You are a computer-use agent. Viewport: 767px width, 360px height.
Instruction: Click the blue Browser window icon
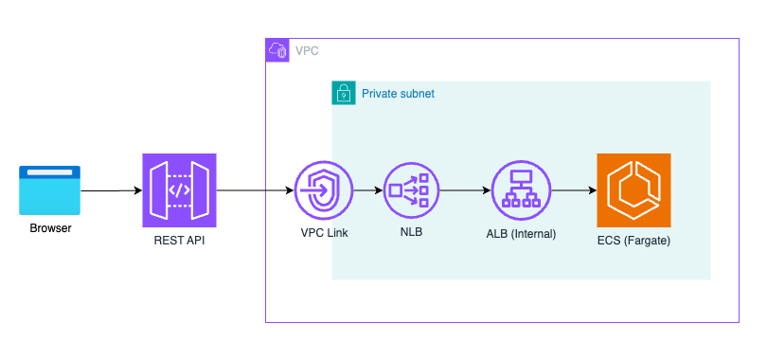tap(50, 189)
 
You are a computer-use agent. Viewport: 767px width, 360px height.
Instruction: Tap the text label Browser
tap(50, 228)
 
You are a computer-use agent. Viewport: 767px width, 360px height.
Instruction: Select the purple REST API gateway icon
tap(179, 190)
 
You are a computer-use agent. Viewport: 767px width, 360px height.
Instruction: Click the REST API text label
tap(179, 241)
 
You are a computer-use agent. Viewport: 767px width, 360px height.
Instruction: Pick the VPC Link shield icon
tap(323, 190)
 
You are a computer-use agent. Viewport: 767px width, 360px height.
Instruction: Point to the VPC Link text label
tap(323, 233)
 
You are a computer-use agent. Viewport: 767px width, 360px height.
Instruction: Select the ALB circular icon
tap(520, 190)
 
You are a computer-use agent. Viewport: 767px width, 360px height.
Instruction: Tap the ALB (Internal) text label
tap(520, 233)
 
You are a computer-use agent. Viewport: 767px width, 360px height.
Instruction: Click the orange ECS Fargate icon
tap(633, 190)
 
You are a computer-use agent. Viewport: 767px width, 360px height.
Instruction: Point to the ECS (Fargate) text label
tap(633, 241)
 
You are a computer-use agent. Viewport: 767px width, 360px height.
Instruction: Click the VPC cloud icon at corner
tap(277, 51)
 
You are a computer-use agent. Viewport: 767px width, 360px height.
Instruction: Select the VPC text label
tap(307, 51)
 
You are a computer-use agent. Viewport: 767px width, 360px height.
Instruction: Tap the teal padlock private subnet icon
tap(344, 94)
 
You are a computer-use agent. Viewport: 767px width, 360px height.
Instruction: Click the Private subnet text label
tap(398, 94)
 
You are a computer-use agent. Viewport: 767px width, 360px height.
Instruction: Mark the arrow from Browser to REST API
tap(111, 190)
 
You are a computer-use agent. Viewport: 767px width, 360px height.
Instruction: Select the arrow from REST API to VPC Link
tap(255, 190)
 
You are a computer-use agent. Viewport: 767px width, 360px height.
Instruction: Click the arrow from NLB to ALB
tap(466, 190)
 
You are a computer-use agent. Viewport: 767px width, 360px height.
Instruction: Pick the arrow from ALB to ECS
tap(572, 190)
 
